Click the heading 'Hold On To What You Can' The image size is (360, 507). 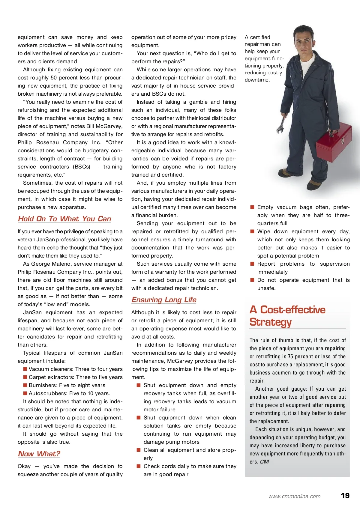pos(64,219)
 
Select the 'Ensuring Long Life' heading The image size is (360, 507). pos(164,300)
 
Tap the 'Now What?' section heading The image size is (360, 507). pos(39,454)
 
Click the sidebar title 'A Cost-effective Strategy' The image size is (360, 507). pos(287,316)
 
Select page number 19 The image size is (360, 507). pos(345,496)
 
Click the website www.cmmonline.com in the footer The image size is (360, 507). pos(294,496)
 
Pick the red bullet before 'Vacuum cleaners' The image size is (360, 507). pos(25,369)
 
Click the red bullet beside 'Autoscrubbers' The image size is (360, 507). pos(25,393)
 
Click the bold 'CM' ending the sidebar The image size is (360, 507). pos(264,462)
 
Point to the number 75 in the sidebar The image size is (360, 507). pos(290,356)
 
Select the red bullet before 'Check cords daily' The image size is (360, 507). pos(139,466)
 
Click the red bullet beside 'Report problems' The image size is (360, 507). pos(252,264)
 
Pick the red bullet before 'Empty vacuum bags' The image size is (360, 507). pos(252,207)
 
